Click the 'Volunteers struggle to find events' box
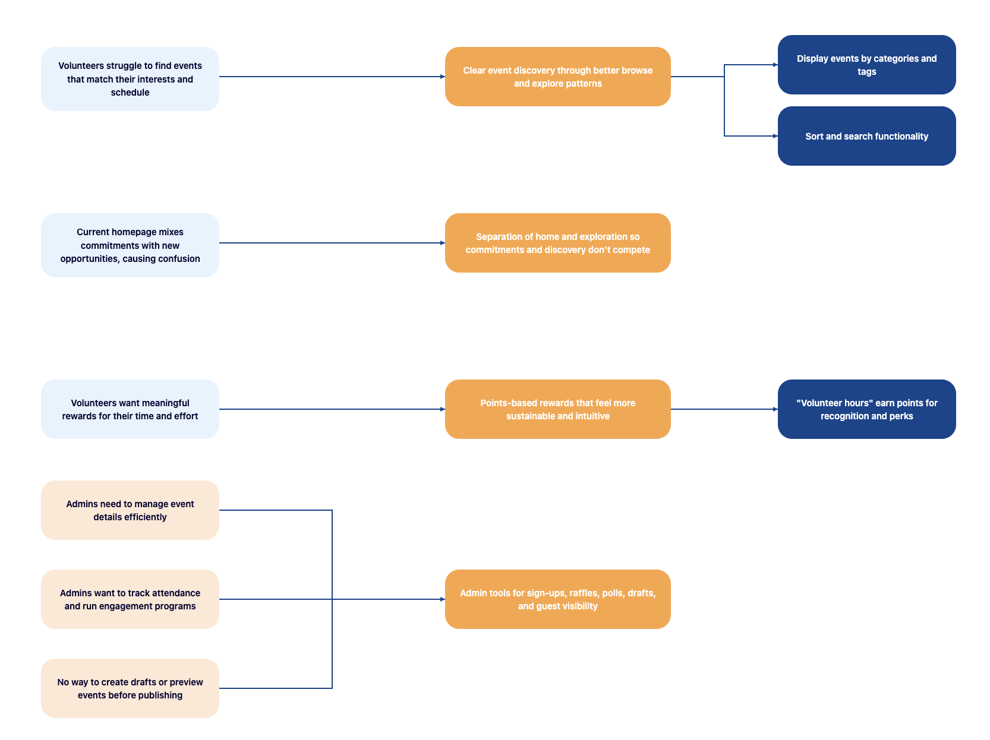coord(130,79)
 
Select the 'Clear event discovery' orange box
coord(557,77)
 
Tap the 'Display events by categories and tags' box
coord(866,65)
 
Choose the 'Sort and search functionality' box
coord(866,136)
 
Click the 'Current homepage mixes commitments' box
coord(130,245)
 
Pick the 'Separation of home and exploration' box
coord(557,243)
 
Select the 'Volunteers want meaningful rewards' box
coord(130,409)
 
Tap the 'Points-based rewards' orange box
coord(557,409)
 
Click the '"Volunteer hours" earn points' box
coord(866,409)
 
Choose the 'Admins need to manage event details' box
coord(130,510)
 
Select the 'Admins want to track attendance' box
coord(130,599)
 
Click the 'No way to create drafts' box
coord(130,688)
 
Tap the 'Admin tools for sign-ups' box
coord(557,599)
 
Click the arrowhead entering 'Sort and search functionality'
coord(775,136)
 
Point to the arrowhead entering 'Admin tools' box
coord(442,599)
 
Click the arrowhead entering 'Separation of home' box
coord(442,243)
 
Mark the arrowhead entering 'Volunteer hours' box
coord(775,409)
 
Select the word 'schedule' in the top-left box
coord(130,93)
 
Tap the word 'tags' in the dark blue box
coord(866,72)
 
